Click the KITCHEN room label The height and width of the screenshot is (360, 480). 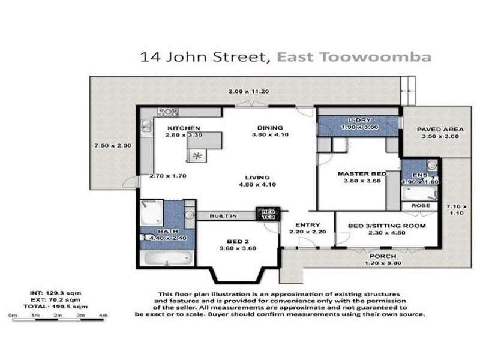tap(183, 128)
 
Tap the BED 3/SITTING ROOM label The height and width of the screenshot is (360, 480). tap(387, 226)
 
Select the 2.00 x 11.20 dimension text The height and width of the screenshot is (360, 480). tap(248, 91)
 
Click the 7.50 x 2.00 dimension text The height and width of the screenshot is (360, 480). tap(108, 145)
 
